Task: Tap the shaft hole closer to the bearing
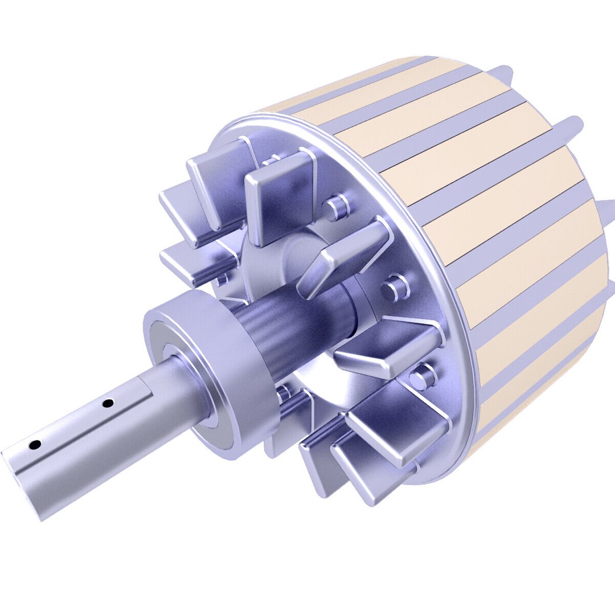(106, 403)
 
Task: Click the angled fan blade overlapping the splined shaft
(342, 256)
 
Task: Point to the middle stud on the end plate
(393, 288)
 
